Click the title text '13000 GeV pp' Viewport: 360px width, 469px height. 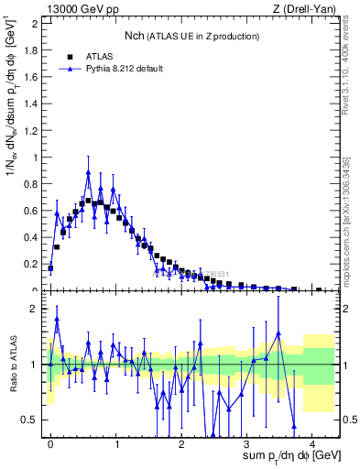point(76,8)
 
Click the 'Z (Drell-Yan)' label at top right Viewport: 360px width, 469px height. point(305,8)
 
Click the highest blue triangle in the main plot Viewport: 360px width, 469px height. point(89,172)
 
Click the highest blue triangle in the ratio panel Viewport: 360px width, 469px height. point(57,320)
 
